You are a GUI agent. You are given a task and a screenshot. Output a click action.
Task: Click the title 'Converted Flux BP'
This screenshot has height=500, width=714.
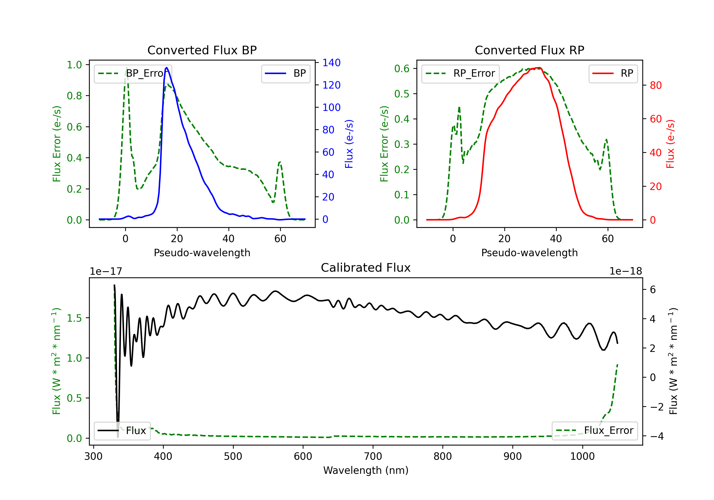pos(202,50)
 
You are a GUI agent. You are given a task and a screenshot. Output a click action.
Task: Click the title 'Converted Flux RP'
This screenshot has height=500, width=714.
pos(529,50)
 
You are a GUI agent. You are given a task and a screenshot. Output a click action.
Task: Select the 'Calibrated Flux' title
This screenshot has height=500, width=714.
pos(366,268)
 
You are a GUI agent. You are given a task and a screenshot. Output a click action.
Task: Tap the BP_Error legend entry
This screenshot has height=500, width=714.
pos(133,73)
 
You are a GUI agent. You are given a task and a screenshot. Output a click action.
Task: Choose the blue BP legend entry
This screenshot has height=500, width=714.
pos(285,73)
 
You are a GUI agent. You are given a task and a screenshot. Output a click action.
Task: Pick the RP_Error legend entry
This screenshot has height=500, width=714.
pos(460,73)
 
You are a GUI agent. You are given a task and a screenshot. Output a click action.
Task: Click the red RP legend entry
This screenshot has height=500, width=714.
pos(613,73)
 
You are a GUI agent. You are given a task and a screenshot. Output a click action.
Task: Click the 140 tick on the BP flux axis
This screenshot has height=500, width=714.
pos(332,63)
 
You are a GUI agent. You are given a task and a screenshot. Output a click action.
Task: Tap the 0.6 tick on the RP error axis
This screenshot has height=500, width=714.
pos(402,68)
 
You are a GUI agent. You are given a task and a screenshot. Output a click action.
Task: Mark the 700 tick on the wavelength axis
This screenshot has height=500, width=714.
pos(373,456)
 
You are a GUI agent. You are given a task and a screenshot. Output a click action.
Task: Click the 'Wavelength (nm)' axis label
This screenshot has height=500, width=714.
pos(366,470)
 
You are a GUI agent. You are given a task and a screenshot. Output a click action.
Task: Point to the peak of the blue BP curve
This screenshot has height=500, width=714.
pos(167,68)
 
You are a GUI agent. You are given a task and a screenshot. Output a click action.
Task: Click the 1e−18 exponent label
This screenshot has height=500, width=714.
pos(626,271)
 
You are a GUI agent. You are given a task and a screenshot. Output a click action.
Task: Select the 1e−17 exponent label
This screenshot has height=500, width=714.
pos(106,271)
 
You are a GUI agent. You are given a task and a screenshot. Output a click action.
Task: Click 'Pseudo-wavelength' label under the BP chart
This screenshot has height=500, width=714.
pos(202,253)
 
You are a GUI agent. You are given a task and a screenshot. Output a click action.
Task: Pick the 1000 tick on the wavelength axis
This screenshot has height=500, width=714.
pos(582,456)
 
